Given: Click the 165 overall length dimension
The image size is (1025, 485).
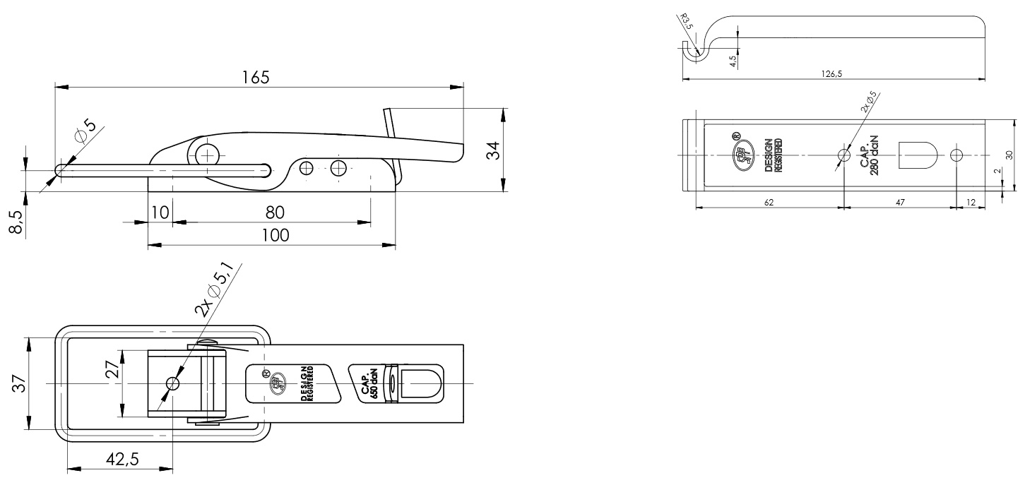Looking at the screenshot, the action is [x=256, y=77].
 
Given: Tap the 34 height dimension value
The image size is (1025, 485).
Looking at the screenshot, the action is [x=493, y=150].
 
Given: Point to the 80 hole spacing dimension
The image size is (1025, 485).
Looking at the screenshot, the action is [x=275, y=212].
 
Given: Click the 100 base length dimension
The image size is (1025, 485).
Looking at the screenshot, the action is [x=275, y=235].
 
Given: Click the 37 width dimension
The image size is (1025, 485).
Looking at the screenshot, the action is [x=19, y=383].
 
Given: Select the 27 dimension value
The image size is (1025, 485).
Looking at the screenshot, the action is [x=113, y=369].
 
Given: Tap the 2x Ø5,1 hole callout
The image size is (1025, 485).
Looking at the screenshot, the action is [x=215, y=290].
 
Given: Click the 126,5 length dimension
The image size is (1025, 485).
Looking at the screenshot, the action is [x=831, y=73].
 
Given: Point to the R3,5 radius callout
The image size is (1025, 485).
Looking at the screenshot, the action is [x=686, y=21].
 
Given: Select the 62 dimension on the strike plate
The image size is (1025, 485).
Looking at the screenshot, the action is [x=769, y=202].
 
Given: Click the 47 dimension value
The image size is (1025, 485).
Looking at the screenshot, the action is [x=900, y=202].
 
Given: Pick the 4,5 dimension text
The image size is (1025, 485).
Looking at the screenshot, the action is [x=733, y=61].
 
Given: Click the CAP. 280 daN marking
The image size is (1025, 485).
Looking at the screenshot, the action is [x=870, y=156].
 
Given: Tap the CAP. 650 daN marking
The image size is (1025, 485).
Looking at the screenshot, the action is [x=369, y=385].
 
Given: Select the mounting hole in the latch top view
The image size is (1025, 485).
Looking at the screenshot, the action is [x=172, y=383].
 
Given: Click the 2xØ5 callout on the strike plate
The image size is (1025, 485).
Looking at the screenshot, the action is [x=868, y=102].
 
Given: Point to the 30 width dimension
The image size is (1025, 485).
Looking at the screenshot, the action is [x=1009, y=155].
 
